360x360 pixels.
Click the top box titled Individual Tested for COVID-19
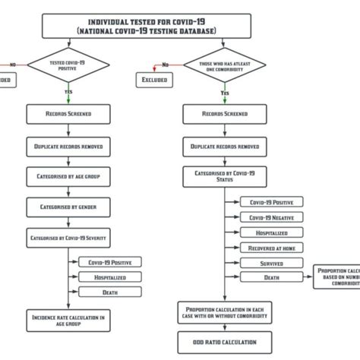[147, 27]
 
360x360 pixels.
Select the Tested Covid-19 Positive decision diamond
[68, 67]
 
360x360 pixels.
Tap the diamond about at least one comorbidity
[225, 67]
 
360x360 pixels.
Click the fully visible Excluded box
[156, 79]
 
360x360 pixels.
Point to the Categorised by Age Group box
[68, 175]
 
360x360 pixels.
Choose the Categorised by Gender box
[68, 207]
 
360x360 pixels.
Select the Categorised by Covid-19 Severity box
[68, 238]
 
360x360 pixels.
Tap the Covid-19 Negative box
[271, 217]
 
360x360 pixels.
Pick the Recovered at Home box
[271, 248]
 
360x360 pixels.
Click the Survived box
[271, 263]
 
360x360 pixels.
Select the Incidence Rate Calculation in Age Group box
[68, 318]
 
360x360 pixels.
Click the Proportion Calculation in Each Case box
[225, 312]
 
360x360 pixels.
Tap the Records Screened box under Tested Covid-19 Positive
[68, 114]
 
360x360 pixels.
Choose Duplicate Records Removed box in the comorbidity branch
[225, 145]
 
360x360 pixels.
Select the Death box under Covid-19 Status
[271, 277]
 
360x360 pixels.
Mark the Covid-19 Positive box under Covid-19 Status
[271, 202]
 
